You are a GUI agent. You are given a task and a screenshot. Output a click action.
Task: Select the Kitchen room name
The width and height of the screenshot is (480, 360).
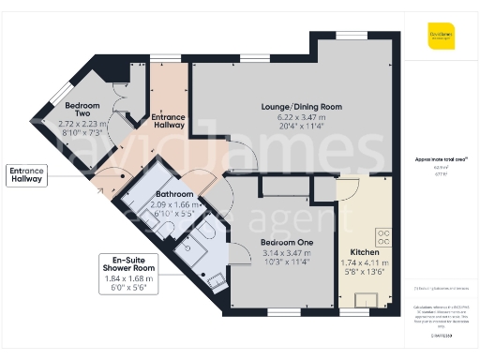tap(364, 253)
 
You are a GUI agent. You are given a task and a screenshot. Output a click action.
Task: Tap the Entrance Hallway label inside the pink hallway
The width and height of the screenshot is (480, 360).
tap(168, 121)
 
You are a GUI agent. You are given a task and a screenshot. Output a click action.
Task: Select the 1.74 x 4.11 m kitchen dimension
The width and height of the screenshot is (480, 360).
tap(364, 264)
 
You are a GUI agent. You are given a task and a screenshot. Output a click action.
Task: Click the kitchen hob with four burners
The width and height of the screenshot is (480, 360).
tap(383, 236)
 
